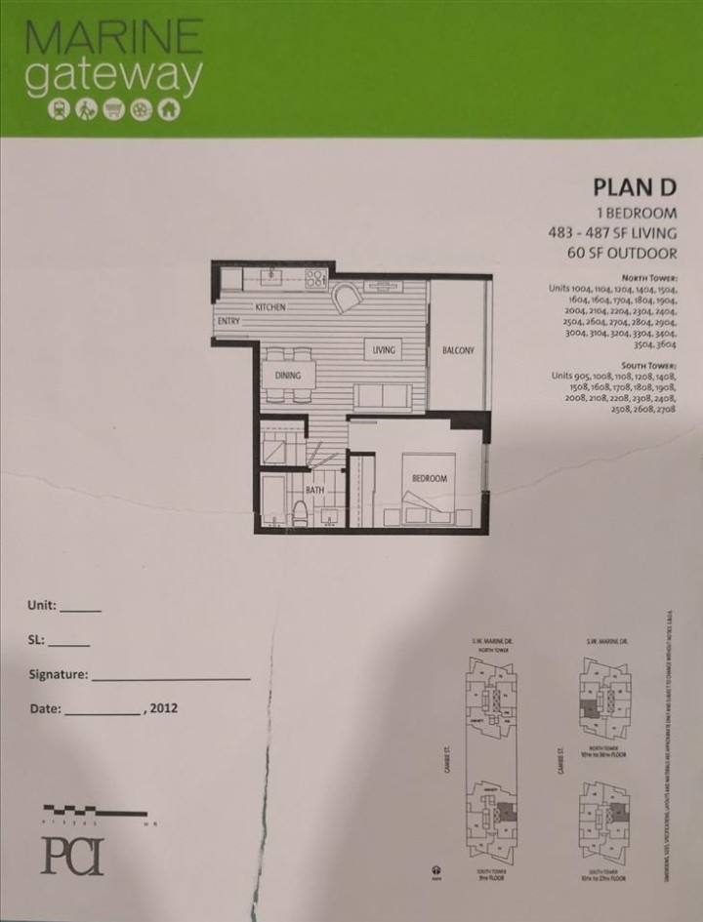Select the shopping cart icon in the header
click(x=115, y=110)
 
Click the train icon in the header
click(x=60, y=110)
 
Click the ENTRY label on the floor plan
click(x=229, y=321)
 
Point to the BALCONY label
click(x=457, y=350)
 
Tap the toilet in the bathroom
click(x=302, y=511)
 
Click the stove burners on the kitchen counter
click(x=314, y=278)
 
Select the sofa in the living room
click(x=382, y=395)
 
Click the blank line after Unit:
click(x=80, y=608)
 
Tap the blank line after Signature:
click(x=171, y=676)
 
